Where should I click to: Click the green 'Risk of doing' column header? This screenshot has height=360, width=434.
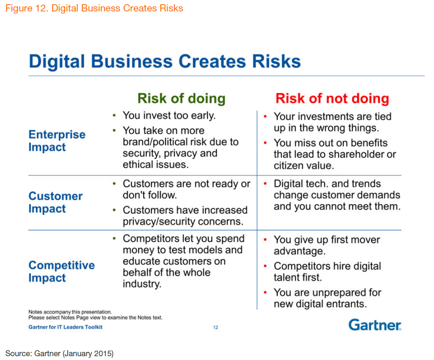(182, 99)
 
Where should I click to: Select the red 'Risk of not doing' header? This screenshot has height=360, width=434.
(332, 99)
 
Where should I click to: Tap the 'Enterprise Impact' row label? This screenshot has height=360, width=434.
(57, 141)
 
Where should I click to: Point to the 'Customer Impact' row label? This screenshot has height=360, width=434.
(55, 202)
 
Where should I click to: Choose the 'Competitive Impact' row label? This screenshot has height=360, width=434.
(61, 271)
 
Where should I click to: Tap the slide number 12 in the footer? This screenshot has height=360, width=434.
(216, 327)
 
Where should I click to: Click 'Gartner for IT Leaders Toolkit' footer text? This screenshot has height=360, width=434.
(65, 327)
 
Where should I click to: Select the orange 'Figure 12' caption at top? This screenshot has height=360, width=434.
(94, 8)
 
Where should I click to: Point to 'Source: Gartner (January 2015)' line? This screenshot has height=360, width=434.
(60, 354)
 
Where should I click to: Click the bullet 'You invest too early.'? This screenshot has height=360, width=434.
(169, 116)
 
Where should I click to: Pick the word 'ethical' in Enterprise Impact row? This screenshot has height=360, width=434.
(138, 164)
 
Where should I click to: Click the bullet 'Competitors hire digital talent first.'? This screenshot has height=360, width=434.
(327, 271)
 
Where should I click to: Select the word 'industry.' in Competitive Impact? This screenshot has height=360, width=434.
(142, 284)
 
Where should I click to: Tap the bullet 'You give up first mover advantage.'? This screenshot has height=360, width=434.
(327, 245)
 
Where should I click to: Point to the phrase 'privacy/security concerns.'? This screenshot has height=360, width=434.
(183, 222)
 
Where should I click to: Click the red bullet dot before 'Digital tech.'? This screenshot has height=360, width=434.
(265, 184)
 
